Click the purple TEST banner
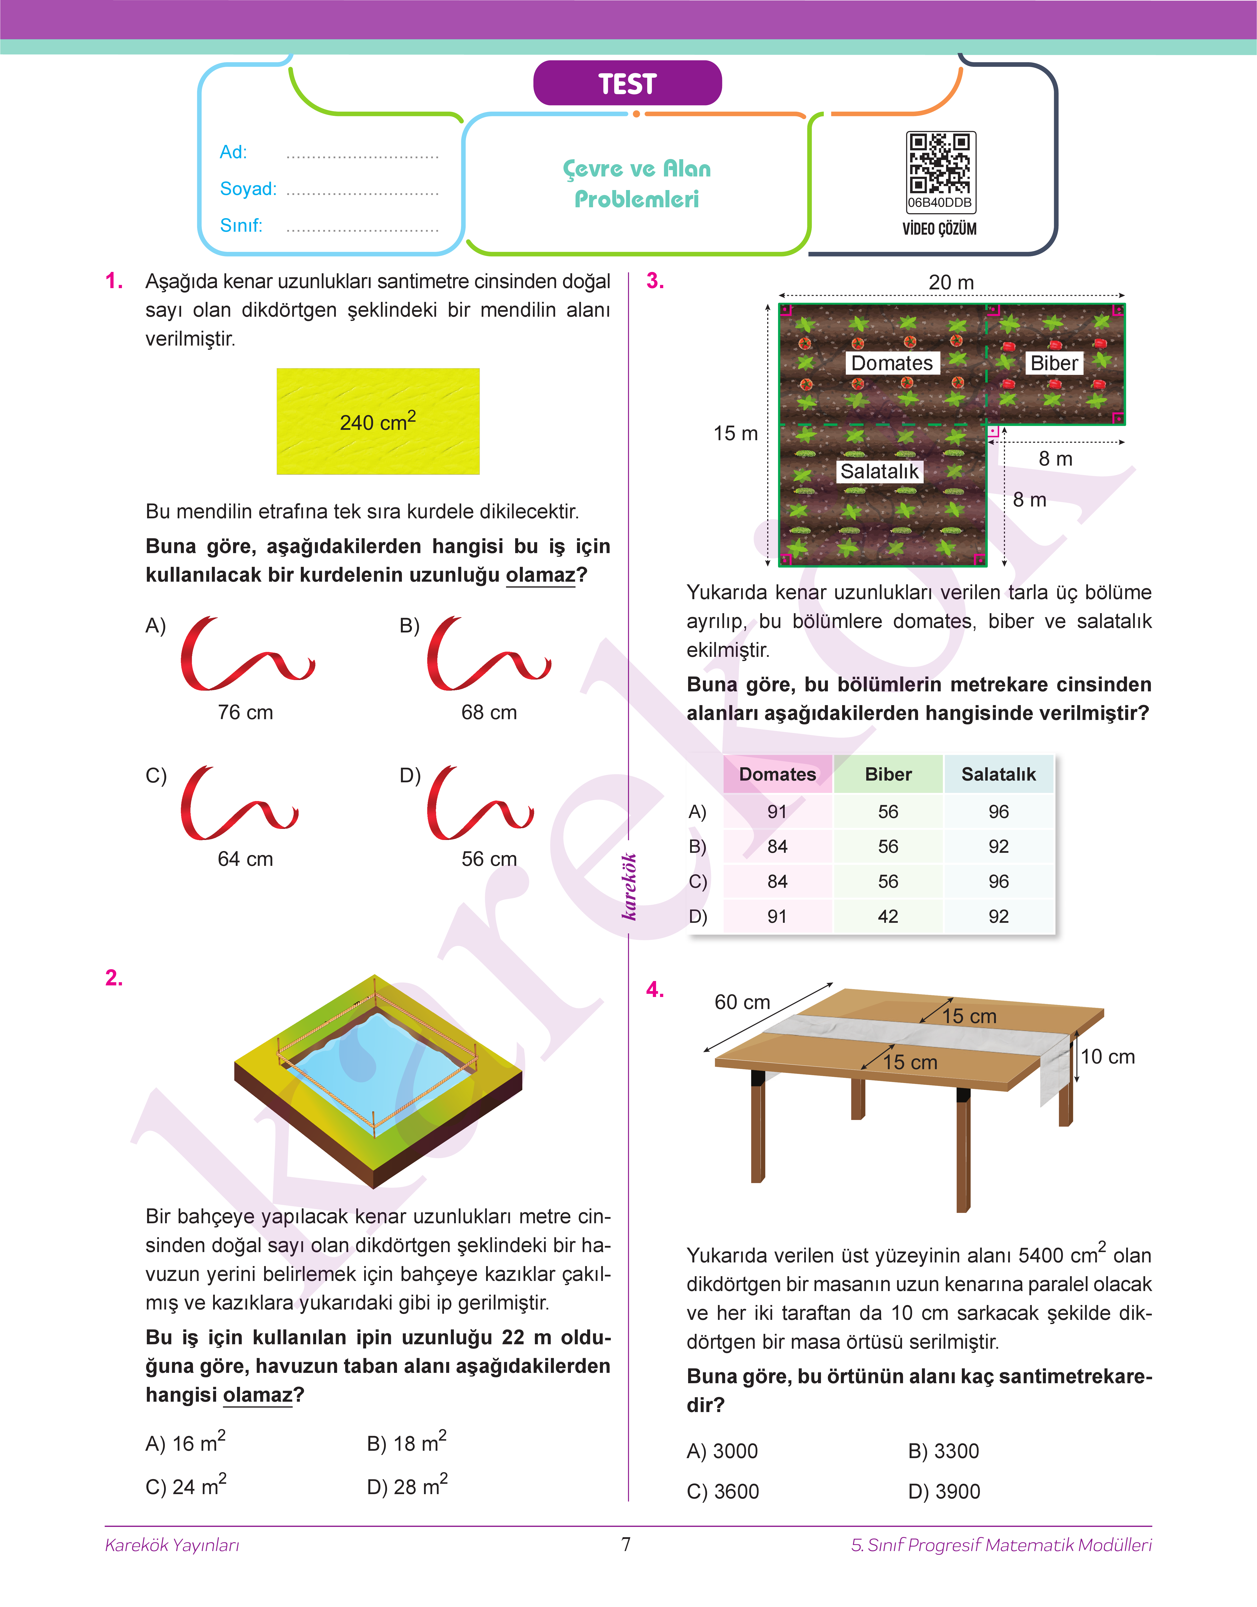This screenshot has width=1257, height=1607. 627,83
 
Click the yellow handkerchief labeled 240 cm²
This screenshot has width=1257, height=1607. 377,421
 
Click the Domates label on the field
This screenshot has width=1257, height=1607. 891,363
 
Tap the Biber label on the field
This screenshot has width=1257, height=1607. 1054,363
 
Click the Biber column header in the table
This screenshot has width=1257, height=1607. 887,774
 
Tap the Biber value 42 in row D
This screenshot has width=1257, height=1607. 887,916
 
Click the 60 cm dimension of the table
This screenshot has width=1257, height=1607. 742,1002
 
